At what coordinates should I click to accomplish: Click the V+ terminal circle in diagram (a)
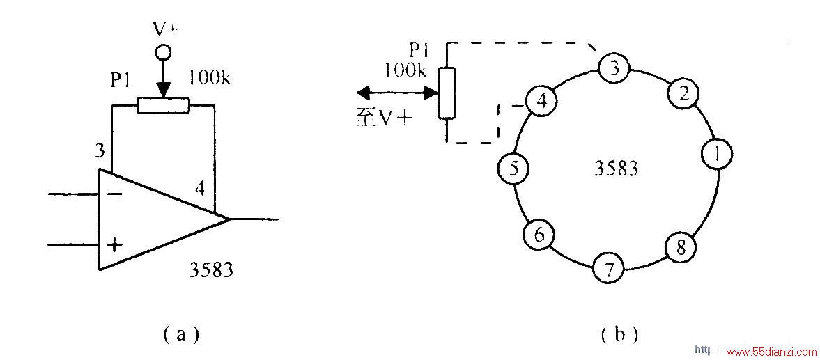163,52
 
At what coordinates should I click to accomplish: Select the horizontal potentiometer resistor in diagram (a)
162,106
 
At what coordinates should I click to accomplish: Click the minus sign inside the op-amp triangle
114,194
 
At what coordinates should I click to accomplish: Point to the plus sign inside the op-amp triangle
114,244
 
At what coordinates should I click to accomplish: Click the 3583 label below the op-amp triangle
211,271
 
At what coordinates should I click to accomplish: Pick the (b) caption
620,334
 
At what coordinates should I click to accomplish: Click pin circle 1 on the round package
717,155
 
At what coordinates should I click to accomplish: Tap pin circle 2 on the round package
683,93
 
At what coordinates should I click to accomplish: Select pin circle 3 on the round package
614,68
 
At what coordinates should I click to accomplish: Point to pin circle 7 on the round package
608,270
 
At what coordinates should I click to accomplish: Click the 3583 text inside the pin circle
617,169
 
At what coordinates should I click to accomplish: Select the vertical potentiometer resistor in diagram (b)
447,93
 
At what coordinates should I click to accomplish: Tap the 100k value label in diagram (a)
209,79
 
